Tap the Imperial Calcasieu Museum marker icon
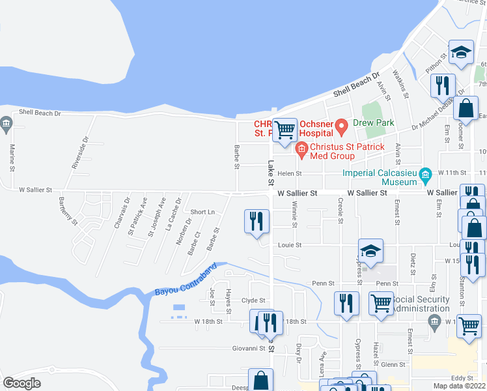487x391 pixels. [x=426, y=174]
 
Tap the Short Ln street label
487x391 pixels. [x=202, y=212]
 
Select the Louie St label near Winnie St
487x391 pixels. [x=290, y=246]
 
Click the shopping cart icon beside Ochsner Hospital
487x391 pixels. [x=285, y=129]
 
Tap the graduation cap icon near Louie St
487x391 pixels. [x=370, y=250]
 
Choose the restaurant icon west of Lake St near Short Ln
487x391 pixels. [x=257, y=221]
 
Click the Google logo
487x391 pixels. [x=21, y=383]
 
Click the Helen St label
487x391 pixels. [x=290, y=174]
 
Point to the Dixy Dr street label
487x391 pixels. [x=299, y=353]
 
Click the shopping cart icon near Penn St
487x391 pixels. [x=380, y=302]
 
